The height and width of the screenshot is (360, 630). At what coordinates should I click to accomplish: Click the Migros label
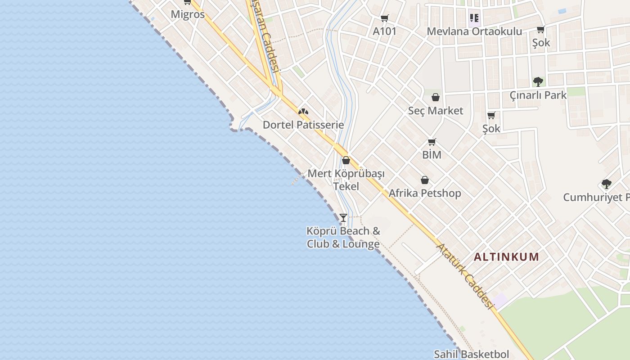(188, 14)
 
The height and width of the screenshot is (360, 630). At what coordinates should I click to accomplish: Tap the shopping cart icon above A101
(385, 18)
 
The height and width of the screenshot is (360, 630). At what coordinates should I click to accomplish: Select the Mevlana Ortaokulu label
(474, 31)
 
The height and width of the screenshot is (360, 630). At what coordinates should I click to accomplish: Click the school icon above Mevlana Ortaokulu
(474, 18)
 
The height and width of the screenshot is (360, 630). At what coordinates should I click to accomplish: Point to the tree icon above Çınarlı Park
(538, 82)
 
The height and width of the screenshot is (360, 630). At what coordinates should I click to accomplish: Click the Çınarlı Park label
(538, 95)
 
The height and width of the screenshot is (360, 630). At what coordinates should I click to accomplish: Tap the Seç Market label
(435, 111)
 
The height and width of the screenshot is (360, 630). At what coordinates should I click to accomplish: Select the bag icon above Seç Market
(436, 97)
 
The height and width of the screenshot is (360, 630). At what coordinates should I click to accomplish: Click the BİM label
(432, 155)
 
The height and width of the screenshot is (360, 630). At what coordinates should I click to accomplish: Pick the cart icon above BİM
(432, 142)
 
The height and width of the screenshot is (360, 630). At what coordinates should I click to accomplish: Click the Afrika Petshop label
(425, 193)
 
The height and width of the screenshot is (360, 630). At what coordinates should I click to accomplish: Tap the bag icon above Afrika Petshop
(425, 180)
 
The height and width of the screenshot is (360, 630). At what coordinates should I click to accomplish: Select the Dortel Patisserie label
(303, 125)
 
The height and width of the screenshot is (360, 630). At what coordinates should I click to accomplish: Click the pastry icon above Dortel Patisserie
(303, 112)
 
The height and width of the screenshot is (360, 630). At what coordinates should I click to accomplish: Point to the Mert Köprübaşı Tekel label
(346, 180)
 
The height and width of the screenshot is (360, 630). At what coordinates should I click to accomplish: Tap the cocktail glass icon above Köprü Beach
(343, 218)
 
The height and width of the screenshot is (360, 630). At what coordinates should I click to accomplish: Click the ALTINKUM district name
(506, 257)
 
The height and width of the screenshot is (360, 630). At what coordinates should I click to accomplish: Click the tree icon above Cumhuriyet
(607, 184)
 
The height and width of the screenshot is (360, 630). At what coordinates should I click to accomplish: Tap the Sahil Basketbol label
(471, 354)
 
